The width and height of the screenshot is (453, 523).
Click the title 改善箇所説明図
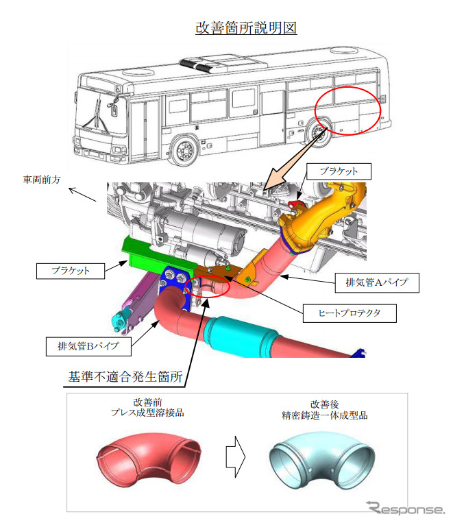click(x=245, y=28)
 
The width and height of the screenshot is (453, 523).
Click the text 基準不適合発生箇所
click(x=125, y=376)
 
